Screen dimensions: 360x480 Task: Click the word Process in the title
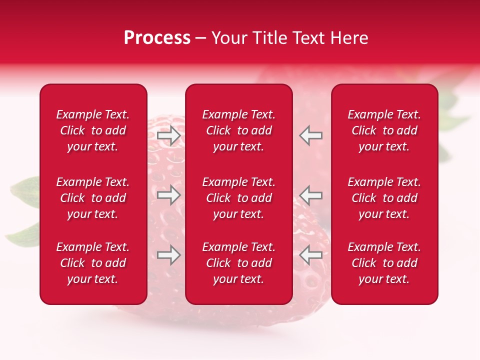tap(157, 38)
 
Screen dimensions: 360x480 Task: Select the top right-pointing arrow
tap(168, 135)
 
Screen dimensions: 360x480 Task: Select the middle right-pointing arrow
tap(168, 195)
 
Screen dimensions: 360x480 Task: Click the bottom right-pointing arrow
tap(168, 255)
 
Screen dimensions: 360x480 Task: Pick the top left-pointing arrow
tap(311, 135)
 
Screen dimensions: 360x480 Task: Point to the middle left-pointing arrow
tap(311, 195)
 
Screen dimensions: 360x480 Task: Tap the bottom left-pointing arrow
tap(311, 255)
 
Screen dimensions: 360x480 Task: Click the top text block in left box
tap(93, 130)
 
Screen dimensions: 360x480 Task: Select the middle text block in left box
tap(93, 198)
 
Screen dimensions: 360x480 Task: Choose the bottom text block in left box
tap(93, 263)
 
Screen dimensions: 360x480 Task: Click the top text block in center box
tap(238, 130)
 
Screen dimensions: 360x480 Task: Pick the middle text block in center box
tap(238, 198)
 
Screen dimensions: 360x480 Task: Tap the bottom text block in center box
tap(238, 263)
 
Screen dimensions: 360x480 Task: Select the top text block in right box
tap(384, 130)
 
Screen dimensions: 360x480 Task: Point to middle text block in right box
tap(384, 198)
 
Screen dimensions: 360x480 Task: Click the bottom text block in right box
tap(384, 263)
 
